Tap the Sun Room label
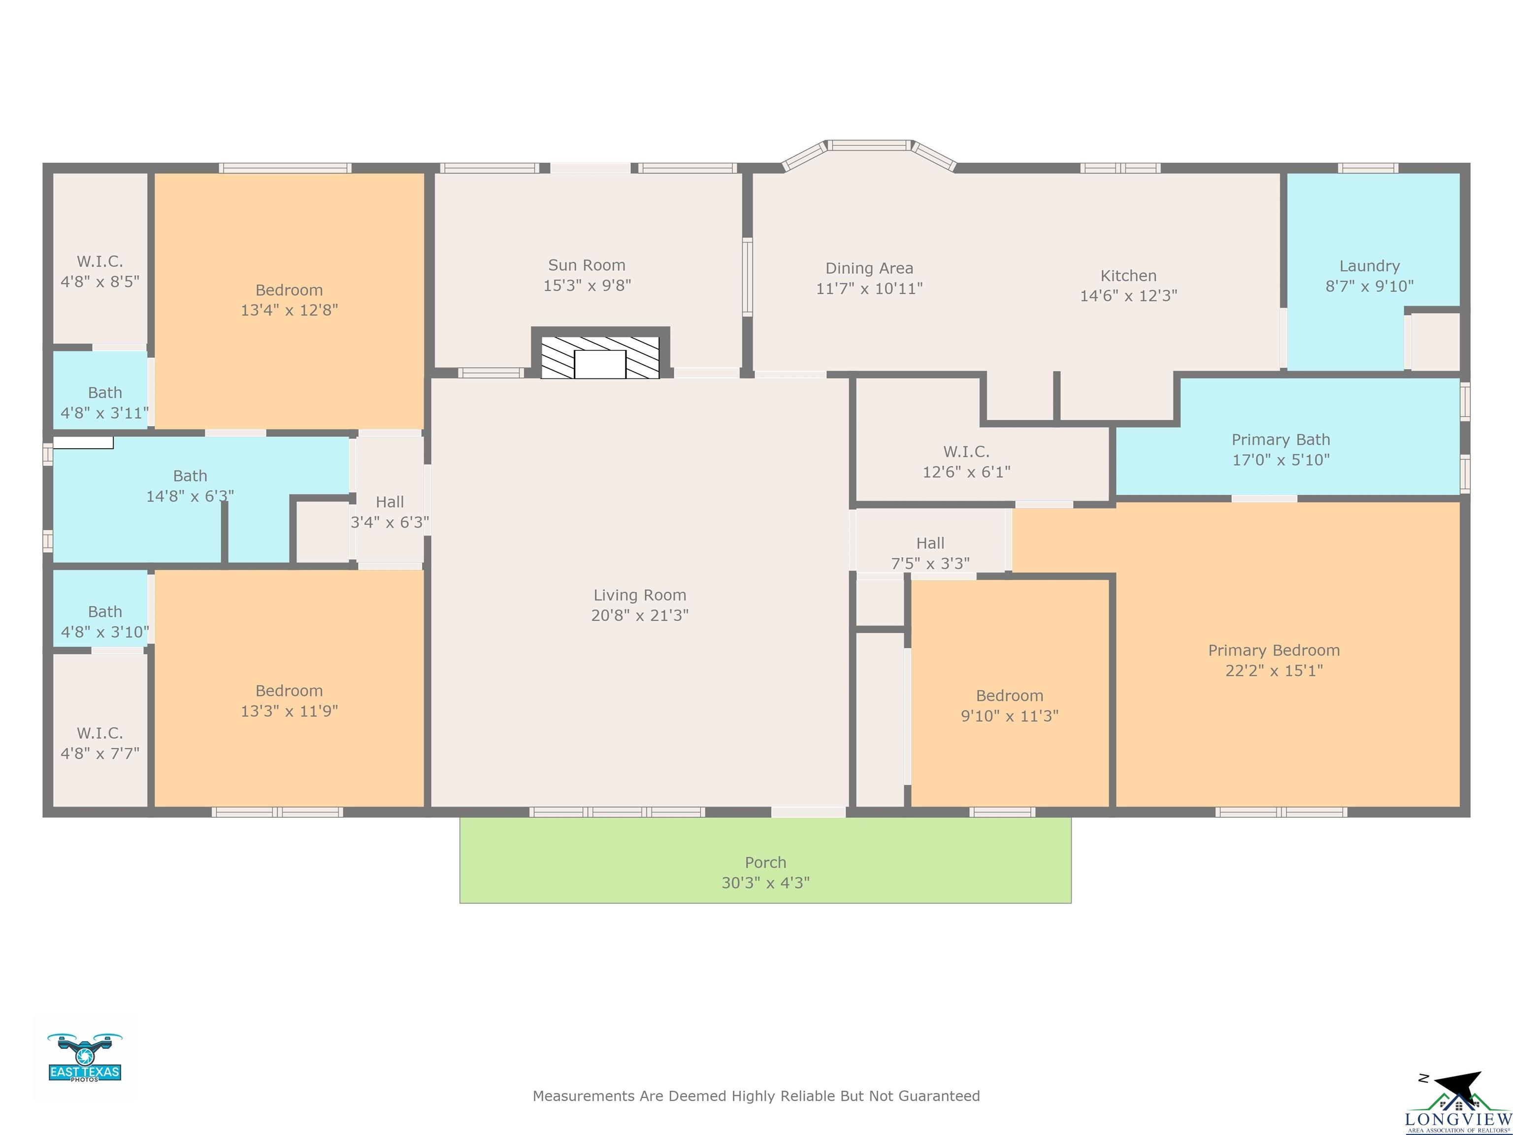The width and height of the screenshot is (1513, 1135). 587,266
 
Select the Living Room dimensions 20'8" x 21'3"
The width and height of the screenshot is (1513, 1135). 640,615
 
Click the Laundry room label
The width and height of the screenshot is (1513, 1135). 1369,266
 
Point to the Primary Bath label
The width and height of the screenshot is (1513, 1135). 1281,440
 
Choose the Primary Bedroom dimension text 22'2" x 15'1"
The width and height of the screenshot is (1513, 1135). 1274,670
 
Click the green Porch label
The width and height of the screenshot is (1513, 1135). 765,863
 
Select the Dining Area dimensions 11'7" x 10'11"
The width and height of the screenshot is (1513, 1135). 869,289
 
